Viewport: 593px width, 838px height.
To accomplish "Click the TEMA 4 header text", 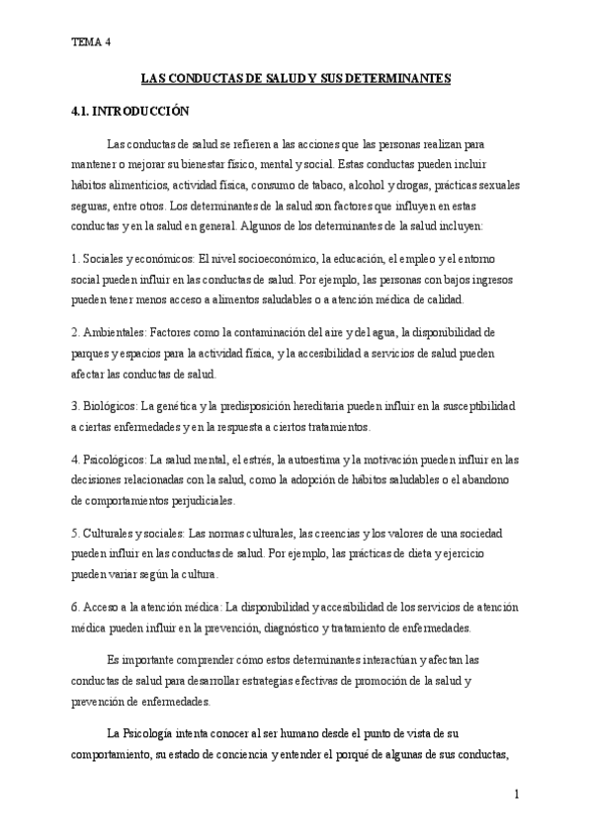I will (x=92, y=42).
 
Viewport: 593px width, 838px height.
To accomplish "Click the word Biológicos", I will (x=111, y=406).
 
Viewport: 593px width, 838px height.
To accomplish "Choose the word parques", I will (x=93, y=353).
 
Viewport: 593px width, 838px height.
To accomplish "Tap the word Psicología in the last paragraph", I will (x=151, y=735).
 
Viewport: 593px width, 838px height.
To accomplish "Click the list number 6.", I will (x=75, y=607).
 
